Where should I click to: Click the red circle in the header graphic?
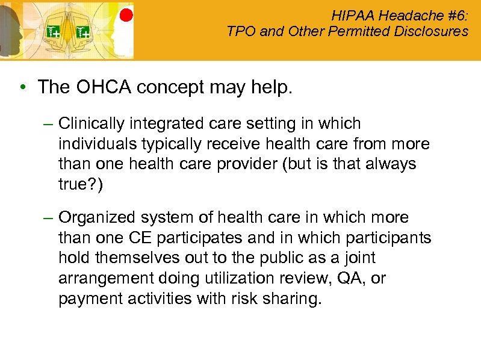[126, 15]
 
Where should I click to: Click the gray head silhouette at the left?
[10, 30]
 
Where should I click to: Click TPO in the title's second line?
[240, 31]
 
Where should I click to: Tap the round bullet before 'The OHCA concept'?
[22, 88]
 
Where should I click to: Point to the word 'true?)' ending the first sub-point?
[81, 184]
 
